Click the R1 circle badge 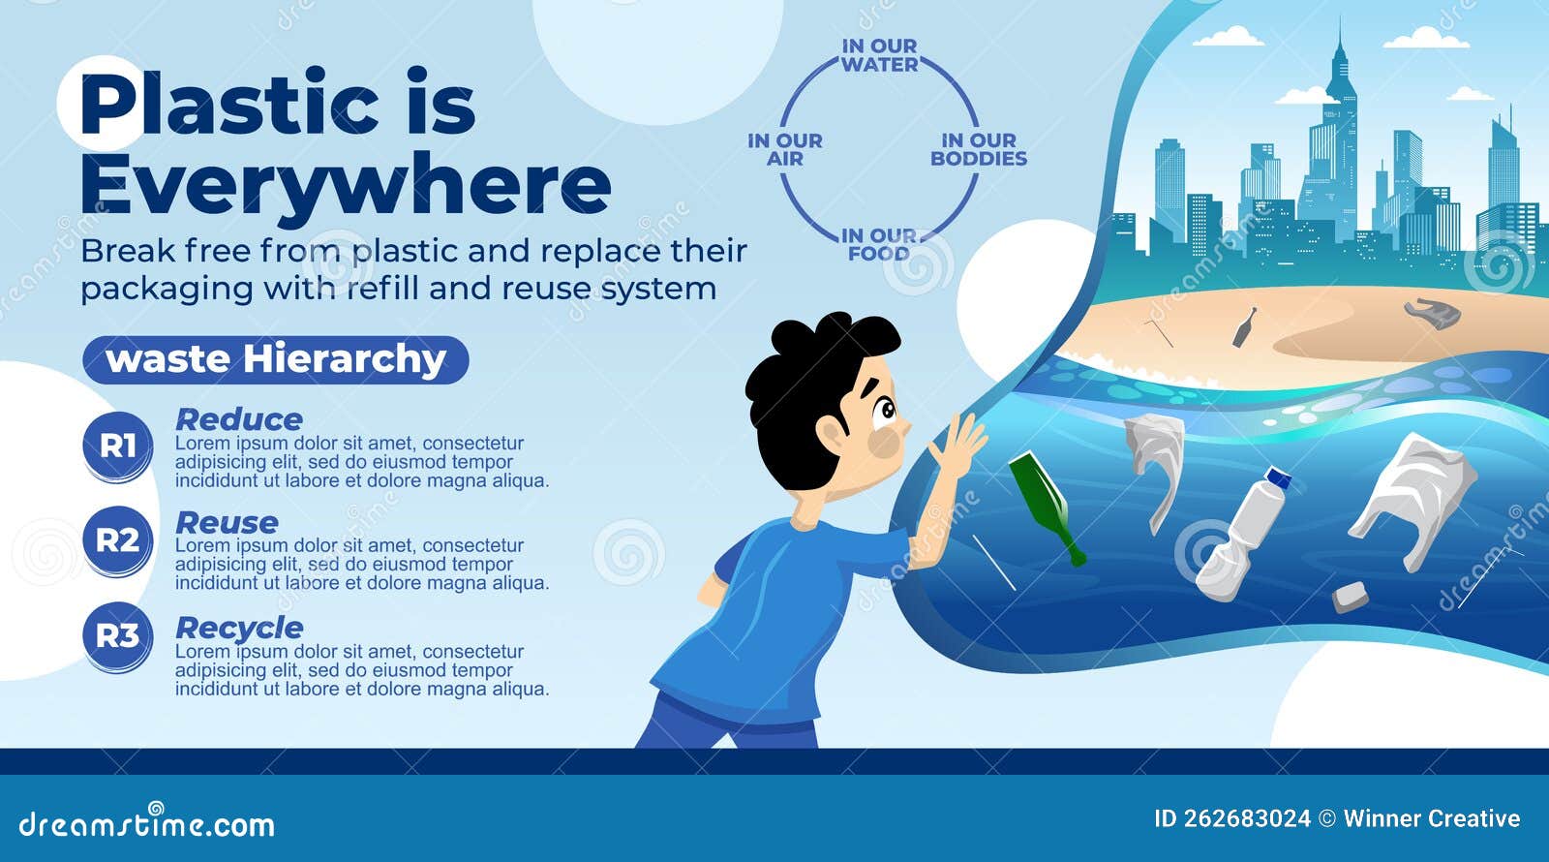(x=117, y=446)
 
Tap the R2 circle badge (x=117, y=539)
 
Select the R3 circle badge (x=117, y=636)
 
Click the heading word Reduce (x=239, y=419)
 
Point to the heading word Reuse (x=227, y=523)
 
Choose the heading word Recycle (x=239, y=628)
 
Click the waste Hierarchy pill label (x=276, y=359)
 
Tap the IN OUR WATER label (x=879, y=55)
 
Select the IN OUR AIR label (x=785, y=149)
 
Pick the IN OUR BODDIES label (x=979, y=149)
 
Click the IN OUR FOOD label (x=879, y=244)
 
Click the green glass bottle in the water (x=1047, y=506)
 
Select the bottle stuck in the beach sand (x=1243, y=327)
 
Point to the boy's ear (x=831, y=433)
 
